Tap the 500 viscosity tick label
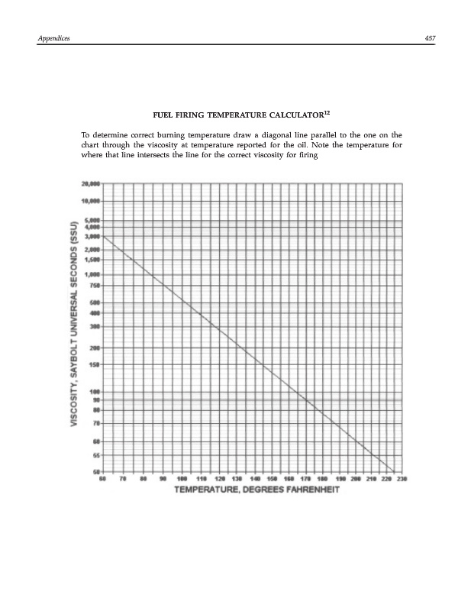click(x=96, y=302)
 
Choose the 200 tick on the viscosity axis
click(x=96, y=348)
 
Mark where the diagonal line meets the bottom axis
click(x=393, y=471)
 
